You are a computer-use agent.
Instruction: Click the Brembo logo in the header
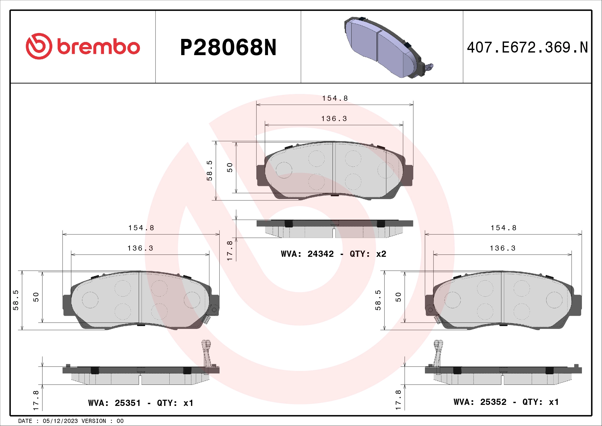pos(83,46)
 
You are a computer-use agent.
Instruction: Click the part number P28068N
pos(228,47)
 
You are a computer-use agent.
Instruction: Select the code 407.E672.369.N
pos(527,47)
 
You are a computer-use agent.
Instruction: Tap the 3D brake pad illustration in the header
pos(388,47)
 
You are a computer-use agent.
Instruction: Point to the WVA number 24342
pos(320,254)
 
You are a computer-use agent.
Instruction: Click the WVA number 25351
pos(128,403)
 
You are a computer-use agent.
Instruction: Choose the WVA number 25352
pos(493,402)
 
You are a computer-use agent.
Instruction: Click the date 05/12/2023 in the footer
pos(60,421)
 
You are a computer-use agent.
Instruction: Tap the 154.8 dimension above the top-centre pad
pos(335,98)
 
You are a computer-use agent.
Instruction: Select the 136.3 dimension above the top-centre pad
pos(334,119)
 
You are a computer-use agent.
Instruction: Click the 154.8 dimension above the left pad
pos(141,228)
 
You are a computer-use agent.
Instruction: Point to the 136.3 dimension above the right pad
pos(503,248)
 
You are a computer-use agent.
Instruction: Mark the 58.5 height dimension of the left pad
pos(16,300)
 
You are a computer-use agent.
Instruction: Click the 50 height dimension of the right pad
pos(398,297)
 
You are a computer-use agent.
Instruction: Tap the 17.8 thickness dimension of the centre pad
pos(230,251)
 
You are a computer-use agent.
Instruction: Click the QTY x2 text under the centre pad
pos(368,254)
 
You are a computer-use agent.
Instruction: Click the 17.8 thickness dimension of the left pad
pos(36,400)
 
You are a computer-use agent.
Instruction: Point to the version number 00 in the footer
pos(120,421)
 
